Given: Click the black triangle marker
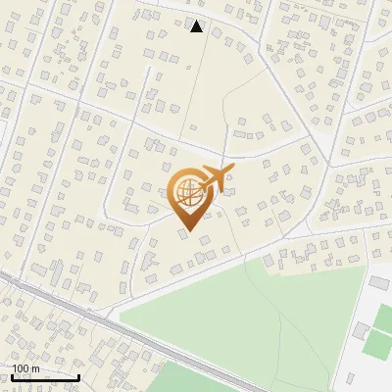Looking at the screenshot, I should [x=197, y=26].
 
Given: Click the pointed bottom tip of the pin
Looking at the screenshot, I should [x=187, y=231].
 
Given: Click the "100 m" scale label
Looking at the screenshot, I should [x=25, y=368].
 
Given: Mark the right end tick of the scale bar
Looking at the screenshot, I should [x=79, y=376].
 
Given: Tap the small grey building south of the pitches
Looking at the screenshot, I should [x=377, y=377].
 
